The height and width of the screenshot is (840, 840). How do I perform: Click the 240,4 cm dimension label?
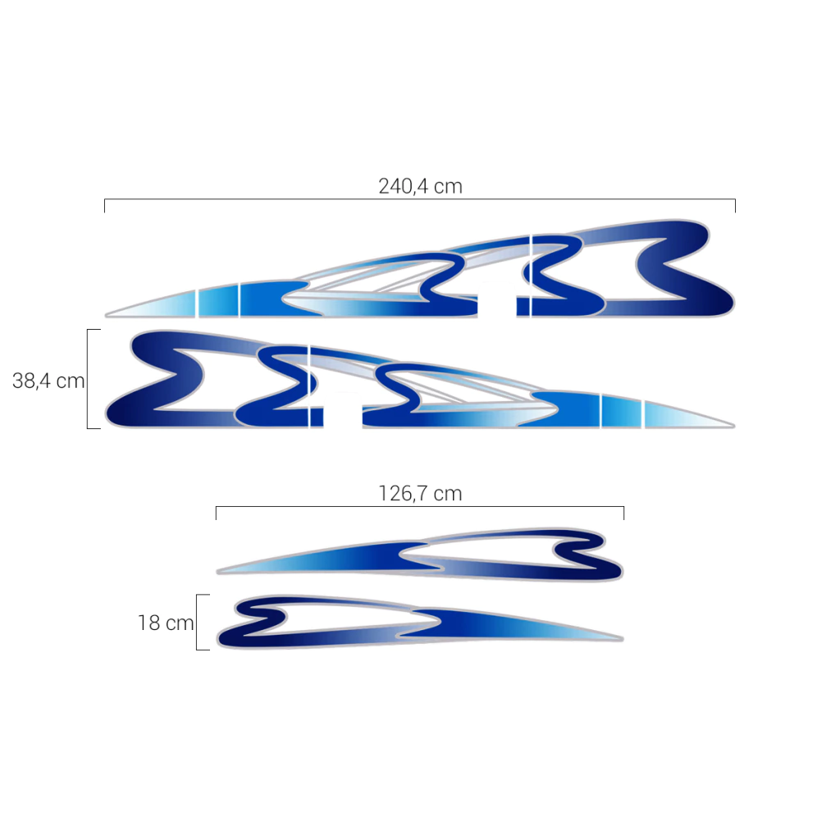tap(420, 186)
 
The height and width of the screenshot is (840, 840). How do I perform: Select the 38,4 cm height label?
tap(48, 381)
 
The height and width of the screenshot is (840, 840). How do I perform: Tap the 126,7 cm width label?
tap(420, 493)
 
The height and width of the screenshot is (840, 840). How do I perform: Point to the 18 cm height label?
tap(166, 623)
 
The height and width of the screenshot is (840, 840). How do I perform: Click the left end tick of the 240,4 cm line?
tap(104, 206)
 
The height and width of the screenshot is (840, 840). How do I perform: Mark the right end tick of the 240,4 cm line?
tap(735, 206)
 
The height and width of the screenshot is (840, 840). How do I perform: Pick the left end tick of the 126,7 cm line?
tap(216, 513)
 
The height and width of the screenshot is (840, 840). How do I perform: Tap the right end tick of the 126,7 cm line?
tap(623, 513)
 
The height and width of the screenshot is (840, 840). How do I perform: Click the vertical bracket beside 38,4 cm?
tap(87, 379)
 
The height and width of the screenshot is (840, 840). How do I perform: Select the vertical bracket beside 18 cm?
tap(197, 622)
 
